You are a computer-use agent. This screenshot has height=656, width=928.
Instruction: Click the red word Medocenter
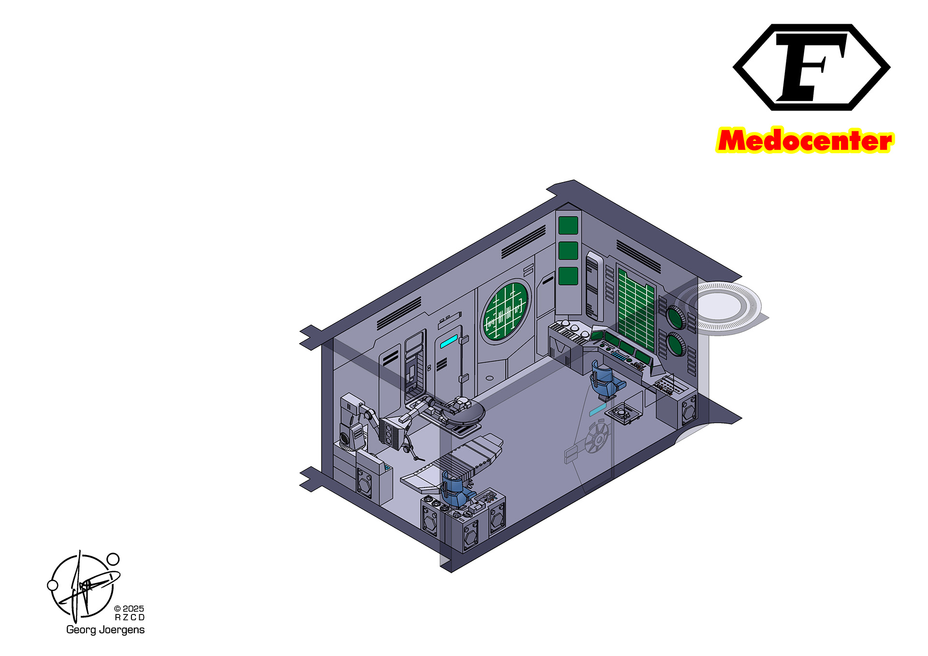(x=805, y=141)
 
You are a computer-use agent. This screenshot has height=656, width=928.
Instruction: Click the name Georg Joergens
(x=105, y=630)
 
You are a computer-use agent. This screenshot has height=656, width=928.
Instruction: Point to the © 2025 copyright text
(x=129, y=609)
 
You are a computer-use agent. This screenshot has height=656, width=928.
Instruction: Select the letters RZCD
(x=130, y=617)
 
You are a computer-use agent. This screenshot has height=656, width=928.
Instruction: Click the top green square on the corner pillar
(x=568, y=225)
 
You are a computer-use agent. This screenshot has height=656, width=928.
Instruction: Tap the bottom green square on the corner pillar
(x=568, y=276)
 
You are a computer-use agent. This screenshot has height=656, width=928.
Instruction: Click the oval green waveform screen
(x=506, y=311)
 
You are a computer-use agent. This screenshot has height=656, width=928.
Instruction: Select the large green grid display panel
(x=636, y=311)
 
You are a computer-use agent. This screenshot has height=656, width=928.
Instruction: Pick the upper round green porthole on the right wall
(x=676, y=317)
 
